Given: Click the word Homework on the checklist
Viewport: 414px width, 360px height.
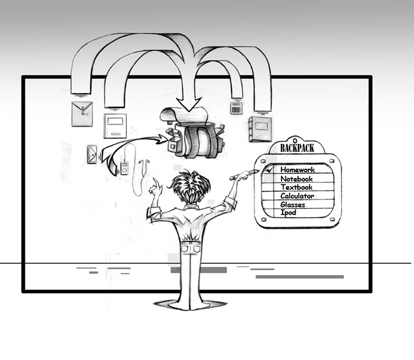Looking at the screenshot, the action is tap(297, 169).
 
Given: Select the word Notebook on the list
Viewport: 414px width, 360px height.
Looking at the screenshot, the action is tap(296, 179).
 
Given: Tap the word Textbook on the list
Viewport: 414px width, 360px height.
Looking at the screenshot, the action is tap(296, 187).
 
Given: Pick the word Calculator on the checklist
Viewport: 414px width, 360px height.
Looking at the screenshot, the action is tap(297, 196).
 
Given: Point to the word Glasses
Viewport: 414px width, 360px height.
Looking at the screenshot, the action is tap(293, 204).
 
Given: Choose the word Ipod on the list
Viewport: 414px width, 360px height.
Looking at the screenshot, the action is tap(288, 213).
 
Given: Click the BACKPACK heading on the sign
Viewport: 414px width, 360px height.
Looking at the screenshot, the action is tap(297, 148).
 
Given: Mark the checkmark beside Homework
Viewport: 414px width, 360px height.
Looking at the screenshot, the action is tap(269, 169).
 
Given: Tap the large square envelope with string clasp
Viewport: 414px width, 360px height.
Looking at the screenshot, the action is tap(82, 114).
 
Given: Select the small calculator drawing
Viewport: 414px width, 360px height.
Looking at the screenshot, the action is tap(236, 108).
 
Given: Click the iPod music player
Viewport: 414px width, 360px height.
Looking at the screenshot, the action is tap(124, 168).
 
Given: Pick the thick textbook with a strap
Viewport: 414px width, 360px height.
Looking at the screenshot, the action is tap(260, 129).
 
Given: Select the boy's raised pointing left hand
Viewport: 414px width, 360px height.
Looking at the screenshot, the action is tap(156, 187).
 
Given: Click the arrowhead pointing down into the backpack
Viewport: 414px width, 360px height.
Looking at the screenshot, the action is tap(189, 104).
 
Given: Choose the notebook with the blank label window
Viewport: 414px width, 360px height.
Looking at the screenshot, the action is tap(115, 126).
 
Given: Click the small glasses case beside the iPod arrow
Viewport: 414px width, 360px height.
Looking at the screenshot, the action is tap(92, 155).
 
